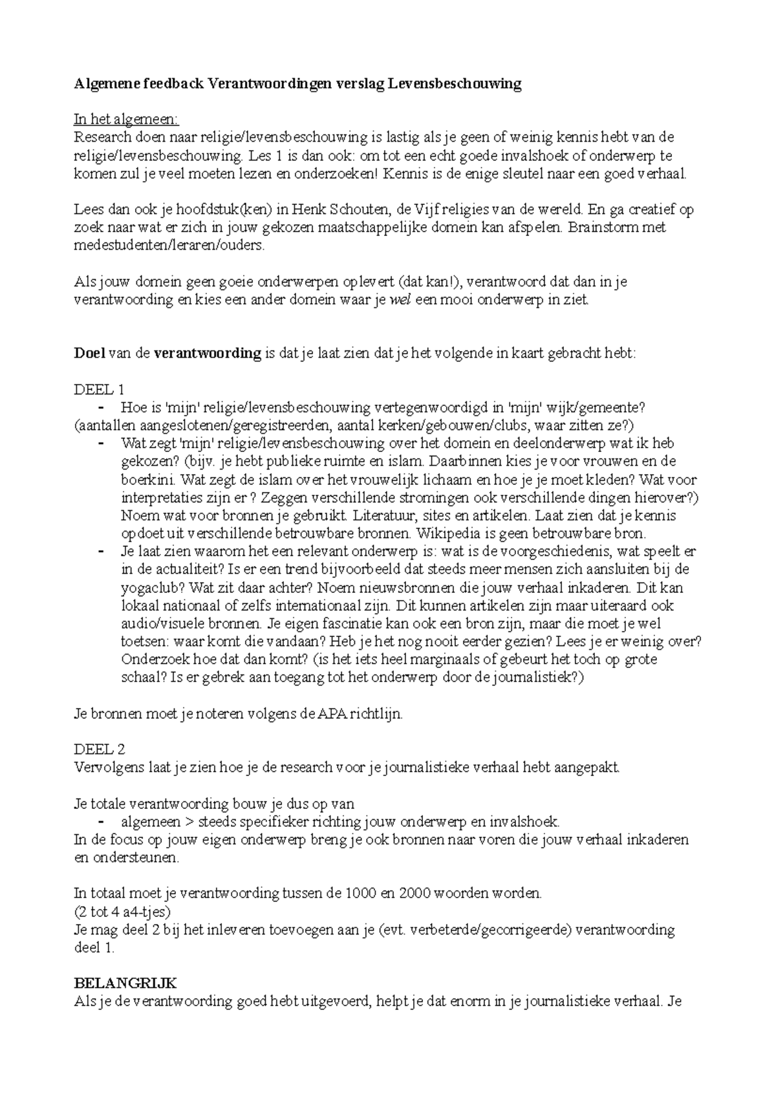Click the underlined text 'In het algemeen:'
pos(127,120)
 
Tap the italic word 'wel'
pos(402,300)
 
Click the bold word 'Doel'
pos(90,354)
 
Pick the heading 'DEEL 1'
pos(99,390)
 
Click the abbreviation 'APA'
pos(332,715)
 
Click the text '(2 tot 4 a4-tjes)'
pos(122,912)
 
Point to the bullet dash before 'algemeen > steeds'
pos(101,822)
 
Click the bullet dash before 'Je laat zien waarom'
pos(101,552)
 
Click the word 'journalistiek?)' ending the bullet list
pos(541,678)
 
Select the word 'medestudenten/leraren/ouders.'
pos(169,246)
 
